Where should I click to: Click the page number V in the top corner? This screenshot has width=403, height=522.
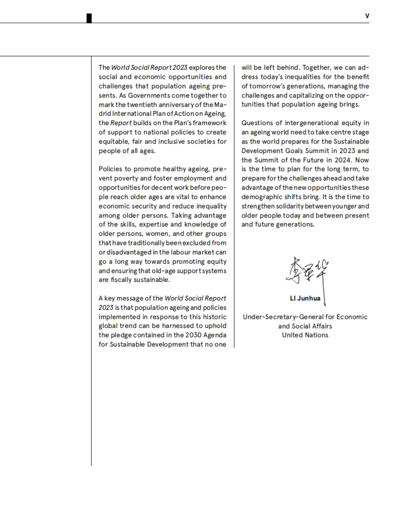point(367,16)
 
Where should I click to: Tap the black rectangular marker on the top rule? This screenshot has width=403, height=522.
point(89,18)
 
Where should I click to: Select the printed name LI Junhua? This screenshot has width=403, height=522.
point(305,298)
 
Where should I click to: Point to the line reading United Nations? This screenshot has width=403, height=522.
point(305,335)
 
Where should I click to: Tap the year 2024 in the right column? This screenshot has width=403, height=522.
point(342,160)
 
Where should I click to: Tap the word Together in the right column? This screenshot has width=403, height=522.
point(316,67)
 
